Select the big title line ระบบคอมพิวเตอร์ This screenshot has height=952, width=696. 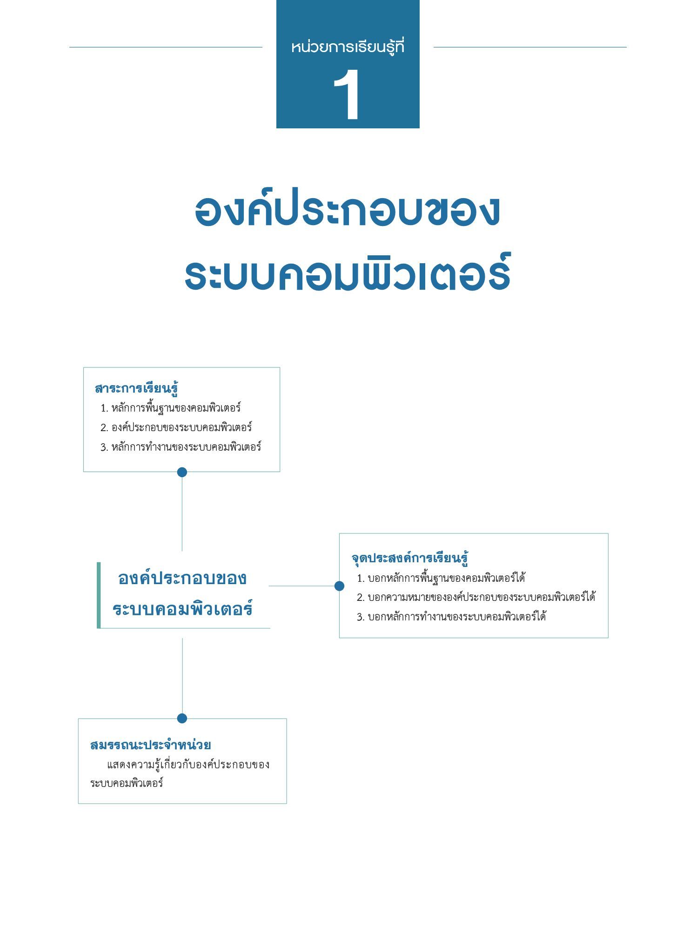pos(348,273)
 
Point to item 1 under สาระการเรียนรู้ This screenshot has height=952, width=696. pos(171,408)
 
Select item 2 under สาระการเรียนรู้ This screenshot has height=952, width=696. pos(176,427)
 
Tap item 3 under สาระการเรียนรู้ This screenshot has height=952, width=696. pos(181,447)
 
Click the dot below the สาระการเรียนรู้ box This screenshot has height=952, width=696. pos(182,472)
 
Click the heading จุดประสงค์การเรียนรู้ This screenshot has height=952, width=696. pos(409,558)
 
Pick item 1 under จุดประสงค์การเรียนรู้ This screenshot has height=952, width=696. pos(441,578)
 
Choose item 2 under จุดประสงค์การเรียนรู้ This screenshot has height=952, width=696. pos(476,597)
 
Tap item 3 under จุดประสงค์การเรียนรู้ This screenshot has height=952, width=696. pos(451,617)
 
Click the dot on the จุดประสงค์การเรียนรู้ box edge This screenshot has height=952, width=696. pos(339,586)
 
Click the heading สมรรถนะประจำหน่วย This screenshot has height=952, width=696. pos(150,745)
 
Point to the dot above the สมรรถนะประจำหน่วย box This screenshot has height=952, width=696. pos(182,718)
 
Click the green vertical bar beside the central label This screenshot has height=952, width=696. pos(99,595)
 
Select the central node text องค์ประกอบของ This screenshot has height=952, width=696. pos(182,578)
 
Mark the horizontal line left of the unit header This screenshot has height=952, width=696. pos(166,47)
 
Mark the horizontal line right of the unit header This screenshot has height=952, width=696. pos(530,47)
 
